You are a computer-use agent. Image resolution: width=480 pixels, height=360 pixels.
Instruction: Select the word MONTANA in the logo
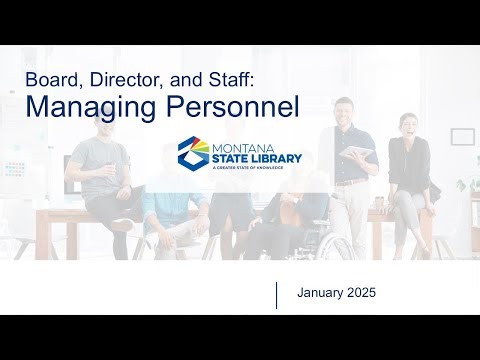(x=239, y=146)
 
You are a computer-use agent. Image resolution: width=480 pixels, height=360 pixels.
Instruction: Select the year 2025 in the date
(x=366, y=294)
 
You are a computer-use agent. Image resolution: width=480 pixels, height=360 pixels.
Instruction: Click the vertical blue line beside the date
(x=276, y=295)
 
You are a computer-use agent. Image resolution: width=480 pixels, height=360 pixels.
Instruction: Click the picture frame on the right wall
(x=461, y=137)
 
